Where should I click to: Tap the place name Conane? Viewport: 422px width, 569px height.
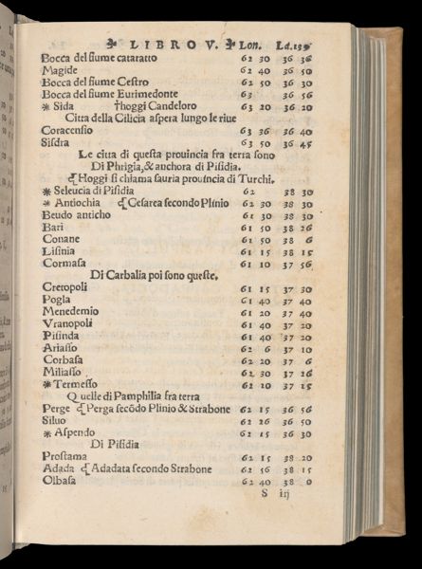61,240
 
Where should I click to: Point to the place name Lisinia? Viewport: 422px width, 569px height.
60,252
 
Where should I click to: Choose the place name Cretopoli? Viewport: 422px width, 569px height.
65,288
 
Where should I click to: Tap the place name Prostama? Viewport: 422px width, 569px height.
66,458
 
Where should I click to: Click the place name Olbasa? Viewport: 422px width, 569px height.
62,481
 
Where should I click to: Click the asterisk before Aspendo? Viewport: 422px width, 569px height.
46,433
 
